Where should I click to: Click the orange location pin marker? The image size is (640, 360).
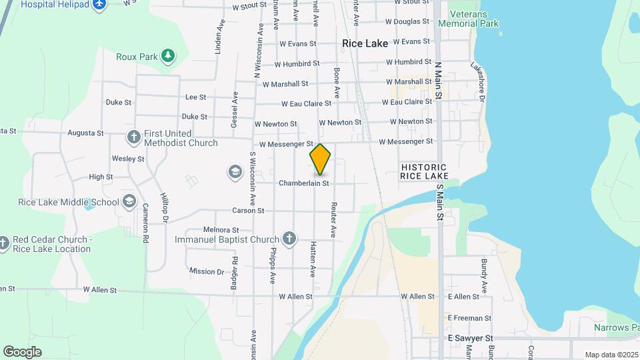pyautogui.click(x=320, y=159)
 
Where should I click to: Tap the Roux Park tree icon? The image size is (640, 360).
pyautogui.click(x=169, y=56)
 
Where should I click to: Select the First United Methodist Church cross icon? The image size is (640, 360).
pyautogui.click(x=133, y=137)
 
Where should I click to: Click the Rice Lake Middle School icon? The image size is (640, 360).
pyautogui.click(x=129, y=201)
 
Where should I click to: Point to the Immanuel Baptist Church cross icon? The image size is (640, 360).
pyautogui.click(x=289, y=239)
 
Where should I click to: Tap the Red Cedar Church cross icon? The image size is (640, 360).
pyautogui.click(x=4, y=244)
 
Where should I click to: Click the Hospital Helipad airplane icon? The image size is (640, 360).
pyautogui.click(x=99, y=5)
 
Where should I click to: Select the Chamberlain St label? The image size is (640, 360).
pyautogui.click(x=304, y=183)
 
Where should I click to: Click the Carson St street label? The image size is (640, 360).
pyautogui.click(x=248, y=211)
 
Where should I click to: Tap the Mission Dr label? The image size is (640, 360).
pyautogui.click(x=207, y=271)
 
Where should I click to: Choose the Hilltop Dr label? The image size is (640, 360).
pyautogui.click(x=165, y=207)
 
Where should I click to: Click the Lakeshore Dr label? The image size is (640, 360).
pyautogui.click(x=477, y=79)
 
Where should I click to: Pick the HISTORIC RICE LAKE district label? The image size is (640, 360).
pyautogui.click(x=424, y=171)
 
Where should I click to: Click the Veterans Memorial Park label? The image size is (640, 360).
pyautogui.click(x=473, y=19)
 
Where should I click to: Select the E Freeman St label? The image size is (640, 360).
pyautogui.click(x=469, y=318)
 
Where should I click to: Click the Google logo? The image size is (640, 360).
pyautogui.click(x=22, y=351)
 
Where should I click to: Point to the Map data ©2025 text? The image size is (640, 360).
pyautogui.click(x=611, y=355)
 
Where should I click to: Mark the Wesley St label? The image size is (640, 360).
pyautogui.click(x=128, y=159)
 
